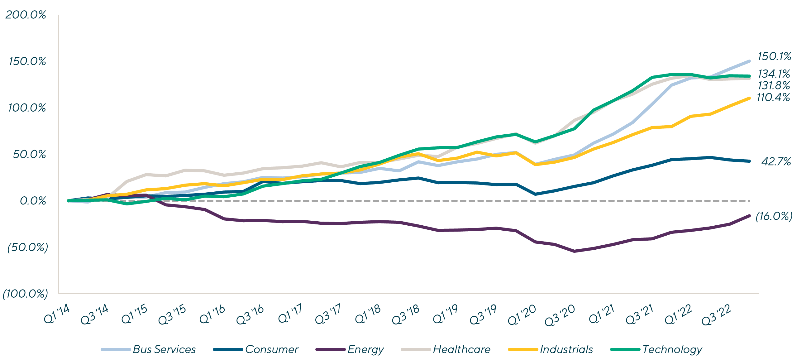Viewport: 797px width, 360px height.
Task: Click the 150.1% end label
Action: pyautogui.click(x=774, y=56)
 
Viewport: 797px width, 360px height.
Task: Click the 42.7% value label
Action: pyautogui.click(x=776, y=161)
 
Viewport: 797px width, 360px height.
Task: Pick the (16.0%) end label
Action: pyautogui.click(x=774, y=216)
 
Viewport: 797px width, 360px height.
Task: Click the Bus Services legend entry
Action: pyautogui.click(x=164, y=349)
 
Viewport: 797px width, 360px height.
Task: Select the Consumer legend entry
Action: pyautogui.click(x=271, y=349)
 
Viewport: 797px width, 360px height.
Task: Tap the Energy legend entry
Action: pyautogui.click(x=365, y=349)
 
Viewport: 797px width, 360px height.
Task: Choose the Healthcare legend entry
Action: pyautogui.click(x=461, y=349)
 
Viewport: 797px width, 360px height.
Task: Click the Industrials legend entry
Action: pyautogui.click(x=566, y=349)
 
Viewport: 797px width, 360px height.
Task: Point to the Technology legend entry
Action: pyautogui.click(x=672, y=349)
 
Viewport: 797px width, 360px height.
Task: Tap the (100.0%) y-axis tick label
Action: pyautogui.click(x=25, y=294)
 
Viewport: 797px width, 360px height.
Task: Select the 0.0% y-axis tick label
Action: pyautogui.click(x=33, y=201)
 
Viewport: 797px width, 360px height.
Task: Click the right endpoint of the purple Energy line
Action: pyautogui.click(x=749, y=216)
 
